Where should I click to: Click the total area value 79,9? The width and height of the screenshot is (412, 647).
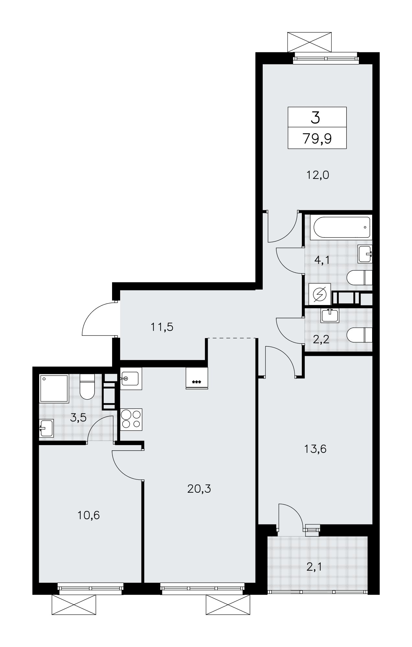317,139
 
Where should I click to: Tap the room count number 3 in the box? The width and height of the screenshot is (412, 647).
315,117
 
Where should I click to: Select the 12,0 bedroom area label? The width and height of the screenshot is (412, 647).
317,175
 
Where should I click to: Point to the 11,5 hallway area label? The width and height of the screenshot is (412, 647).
162,327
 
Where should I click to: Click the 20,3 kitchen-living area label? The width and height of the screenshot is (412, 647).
199,488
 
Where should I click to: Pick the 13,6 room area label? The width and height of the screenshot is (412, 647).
315,449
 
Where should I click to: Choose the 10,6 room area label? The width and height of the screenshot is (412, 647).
88,515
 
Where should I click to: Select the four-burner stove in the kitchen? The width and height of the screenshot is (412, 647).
131,420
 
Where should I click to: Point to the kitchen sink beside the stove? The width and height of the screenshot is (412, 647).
131,378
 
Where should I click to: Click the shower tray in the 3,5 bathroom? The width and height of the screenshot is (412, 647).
54,388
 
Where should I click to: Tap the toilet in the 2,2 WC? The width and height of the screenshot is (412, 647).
359,335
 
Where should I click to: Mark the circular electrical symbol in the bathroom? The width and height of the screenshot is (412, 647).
320,294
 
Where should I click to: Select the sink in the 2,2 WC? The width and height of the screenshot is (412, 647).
330,315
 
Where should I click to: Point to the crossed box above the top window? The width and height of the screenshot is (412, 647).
309,42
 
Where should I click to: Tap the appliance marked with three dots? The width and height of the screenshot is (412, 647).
197,378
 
